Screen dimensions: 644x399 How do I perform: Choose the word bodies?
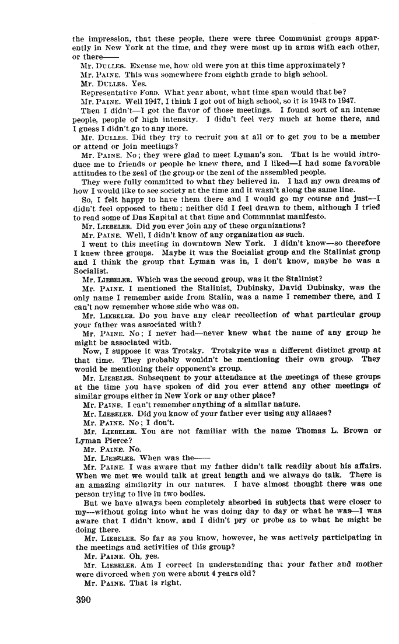(x=171, y=493)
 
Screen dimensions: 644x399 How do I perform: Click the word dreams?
(x=348, y=180)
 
